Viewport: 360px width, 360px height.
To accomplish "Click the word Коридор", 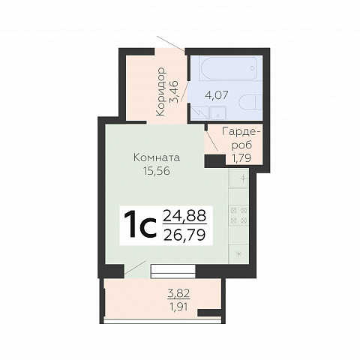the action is pos(160,91).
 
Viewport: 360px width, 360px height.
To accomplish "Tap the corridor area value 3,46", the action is pos(174,91).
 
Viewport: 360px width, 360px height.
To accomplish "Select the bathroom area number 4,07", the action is pos(217,95).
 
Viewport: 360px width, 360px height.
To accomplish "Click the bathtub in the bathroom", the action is pos(228,68).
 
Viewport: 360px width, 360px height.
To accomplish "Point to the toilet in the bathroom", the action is pos(250,103).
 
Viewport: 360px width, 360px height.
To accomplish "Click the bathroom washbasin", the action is pos(218,113).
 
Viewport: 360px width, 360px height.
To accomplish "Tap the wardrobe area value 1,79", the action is pos(241,158).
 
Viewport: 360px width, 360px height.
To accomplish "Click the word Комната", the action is pos(157,158).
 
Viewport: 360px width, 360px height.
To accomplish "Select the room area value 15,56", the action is pos(157,171).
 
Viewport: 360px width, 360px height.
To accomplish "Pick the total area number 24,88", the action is pos(184,215).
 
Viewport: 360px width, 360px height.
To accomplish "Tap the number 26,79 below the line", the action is pos(184,235).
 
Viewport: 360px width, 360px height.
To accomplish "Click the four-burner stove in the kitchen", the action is pos(238,215).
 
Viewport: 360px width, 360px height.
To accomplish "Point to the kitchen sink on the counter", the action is pos(238,178).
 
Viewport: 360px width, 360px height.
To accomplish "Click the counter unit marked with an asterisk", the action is pos(239,254).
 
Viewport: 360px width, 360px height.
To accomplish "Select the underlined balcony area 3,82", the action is pos(178,293).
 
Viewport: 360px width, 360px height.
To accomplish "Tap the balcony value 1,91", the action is pos(178,307).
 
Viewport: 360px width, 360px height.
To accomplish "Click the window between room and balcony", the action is pos(173,271).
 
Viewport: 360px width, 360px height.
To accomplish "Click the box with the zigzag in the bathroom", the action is pos(199,113).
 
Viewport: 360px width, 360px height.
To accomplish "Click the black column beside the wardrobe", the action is pos(215,161).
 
